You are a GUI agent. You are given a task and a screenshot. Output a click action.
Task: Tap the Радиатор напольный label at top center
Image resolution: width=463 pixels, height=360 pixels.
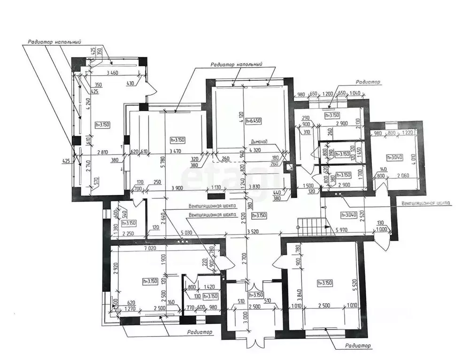point(236,64)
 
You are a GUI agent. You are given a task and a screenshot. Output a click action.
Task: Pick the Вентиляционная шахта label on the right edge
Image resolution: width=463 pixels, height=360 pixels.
point(426,203)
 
